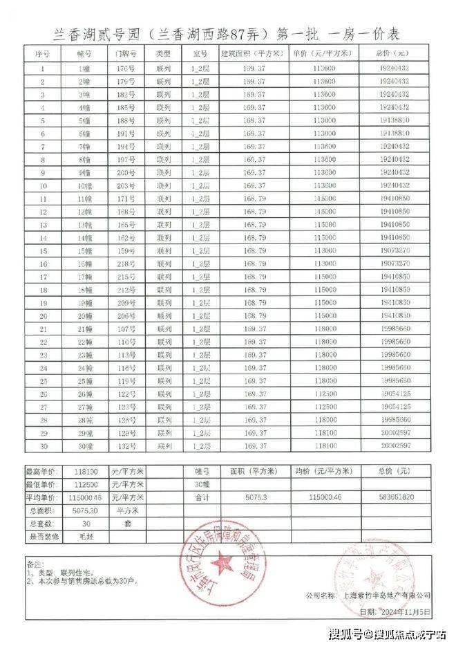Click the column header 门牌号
point(125,53)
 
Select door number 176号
point(125,68)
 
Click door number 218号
point(125,264)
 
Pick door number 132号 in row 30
point(125,445)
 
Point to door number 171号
point(125,199)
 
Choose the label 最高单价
point(43,470)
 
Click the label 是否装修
point(43,536)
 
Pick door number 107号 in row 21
point(125,329)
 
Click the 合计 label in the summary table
point(201,497)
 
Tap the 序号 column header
point(43,53)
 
